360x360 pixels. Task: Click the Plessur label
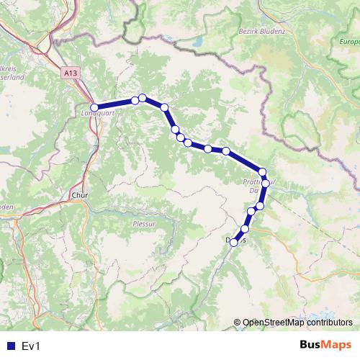[x=144, y=223]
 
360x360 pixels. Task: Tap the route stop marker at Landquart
[x=94, y=107]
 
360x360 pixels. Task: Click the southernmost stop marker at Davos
[x=233, y=243]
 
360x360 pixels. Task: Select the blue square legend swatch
[x=10, y=346]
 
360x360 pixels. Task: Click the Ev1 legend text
[x=30, y=346]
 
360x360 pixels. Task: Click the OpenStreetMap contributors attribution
[x=293, y=323]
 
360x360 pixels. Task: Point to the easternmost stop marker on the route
[x=265, y=183]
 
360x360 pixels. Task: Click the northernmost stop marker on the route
[x=143, y=98]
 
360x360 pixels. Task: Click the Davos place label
[x=237, y=240]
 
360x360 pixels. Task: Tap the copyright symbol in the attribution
[x=237, y=323]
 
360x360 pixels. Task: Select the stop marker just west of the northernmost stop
[x=135, y=101]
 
